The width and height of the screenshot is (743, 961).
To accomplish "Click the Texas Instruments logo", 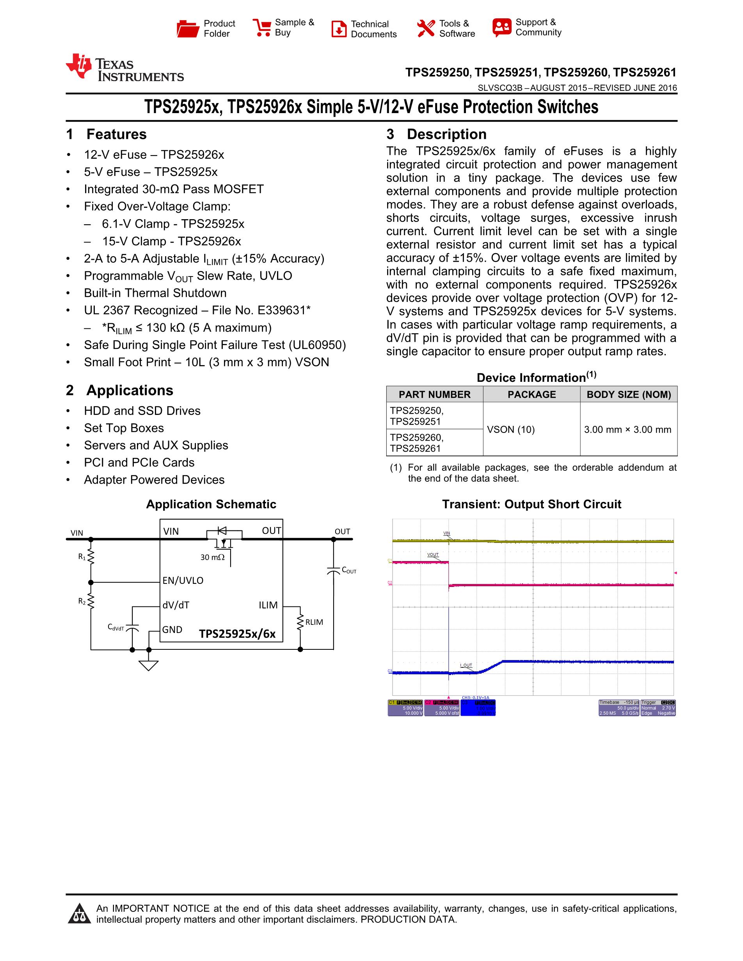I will [124, 68].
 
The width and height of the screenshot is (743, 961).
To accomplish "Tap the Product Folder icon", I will [188, 28].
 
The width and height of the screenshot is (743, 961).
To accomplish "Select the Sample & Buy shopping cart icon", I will [262, 28].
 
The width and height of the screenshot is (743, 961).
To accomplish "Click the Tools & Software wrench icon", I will [426, 28].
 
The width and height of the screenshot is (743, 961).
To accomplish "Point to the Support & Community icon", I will [502, 28].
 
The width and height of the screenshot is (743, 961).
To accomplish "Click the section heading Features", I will [116, 134].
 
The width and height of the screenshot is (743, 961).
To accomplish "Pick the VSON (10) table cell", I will [510, 429].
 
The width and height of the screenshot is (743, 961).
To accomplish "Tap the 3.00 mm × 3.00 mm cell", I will [627, 429].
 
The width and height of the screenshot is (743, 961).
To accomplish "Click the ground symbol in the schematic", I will [148, 665].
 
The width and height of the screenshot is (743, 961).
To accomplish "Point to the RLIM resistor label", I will [314, 622].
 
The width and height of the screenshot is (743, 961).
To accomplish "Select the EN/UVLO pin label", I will [183, 580].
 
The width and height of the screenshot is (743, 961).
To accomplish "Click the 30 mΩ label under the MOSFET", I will [212, 557].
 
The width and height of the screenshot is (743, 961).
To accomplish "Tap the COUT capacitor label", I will [348, 570].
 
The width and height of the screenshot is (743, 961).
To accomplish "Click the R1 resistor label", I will [82, 557].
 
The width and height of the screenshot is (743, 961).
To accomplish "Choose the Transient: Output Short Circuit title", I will [531, 504].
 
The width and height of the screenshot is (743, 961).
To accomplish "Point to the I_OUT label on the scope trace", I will [466, 665].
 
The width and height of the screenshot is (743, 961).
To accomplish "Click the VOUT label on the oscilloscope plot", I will [433, 555].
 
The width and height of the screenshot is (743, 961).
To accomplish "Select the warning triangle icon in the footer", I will [79, 913].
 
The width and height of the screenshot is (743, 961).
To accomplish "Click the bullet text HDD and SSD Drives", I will [142, 411].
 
